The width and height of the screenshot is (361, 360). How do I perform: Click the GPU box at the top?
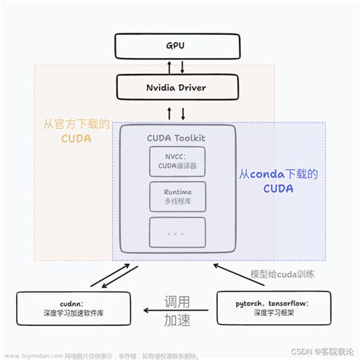[180, 46]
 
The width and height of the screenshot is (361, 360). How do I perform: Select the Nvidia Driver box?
[180, 88]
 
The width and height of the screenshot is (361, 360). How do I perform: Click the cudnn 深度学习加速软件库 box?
[68, 307]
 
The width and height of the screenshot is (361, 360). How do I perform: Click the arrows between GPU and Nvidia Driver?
[180, 66]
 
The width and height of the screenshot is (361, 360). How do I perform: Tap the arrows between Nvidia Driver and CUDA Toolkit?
[180, 113]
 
